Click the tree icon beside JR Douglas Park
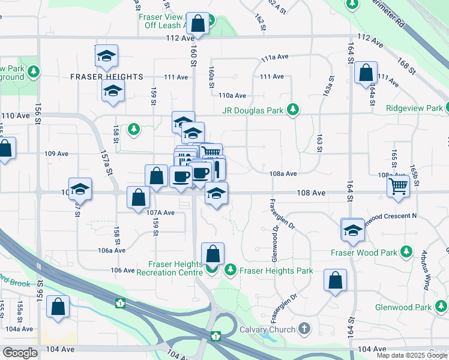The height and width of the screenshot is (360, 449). point(293,110)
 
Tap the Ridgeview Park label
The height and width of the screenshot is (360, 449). point(417,109)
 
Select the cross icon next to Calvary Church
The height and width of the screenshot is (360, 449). point(304,329)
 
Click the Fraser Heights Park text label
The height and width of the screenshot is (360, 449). point(276,271)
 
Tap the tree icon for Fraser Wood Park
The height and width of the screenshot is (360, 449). point(407,251)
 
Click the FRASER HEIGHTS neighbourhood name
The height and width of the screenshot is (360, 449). point(106,77)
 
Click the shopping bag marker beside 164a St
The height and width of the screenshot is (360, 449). point(365,74)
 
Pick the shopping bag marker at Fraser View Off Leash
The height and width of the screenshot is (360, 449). point(198,24)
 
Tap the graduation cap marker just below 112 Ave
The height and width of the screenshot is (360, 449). point(106,56)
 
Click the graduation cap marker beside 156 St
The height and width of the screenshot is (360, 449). point(80,189)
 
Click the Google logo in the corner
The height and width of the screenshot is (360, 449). point(20,353)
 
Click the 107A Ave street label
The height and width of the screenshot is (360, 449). point(160,213)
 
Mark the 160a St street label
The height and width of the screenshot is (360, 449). point(211,77)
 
